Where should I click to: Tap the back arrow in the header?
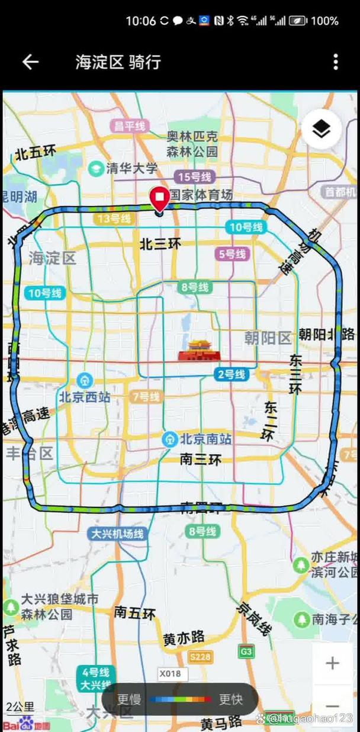[x=30, y=62]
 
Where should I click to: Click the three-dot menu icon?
[x=336, y=62]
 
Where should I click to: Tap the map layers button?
[x=321, y=129]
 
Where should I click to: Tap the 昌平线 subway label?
[x=130, y=126]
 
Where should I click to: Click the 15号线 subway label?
[x=194, y=176]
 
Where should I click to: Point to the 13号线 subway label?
[x=113, y=219]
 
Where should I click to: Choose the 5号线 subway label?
[x=232, y=254]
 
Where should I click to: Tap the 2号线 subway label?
[x=231, y=374]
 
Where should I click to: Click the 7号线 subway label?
[x=146, y=396]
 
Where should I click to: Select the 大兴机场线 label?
[x=117, y=534]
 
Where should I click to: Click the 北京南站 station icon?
[x=171, y=439]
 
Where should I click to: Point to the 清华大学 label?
[x=131, y=168]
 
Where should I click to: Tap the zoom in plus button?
[x=332, y=663]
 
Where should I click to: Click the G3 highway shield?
[x=246, y=652]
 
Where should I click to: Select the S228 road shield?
[x=201, y=656]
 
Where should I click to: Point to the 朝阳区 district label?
[x=268, y=338]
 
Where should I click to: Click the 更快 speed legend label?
[x=231, y=699]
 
